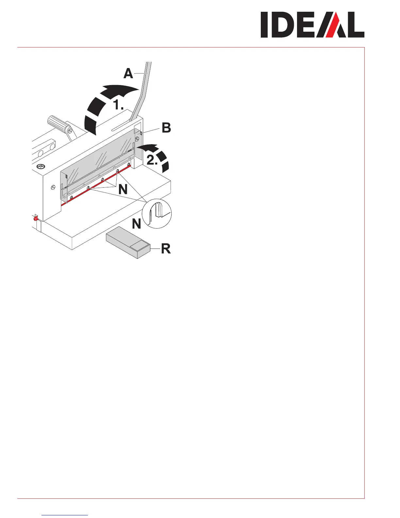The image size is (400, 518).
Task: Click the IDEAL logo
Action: tap(312, 25)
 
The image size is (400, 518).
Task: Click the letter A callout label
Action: tap(128, 74)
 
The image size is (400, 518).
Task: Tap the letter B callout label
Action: tap(166, 128)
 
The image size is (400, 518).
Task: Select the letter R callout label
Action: tap(166, 249)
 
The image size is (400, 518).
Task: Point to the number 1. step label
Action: tap(118, 105)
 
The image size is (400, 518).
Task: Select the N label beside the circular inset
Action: tap(137, 224)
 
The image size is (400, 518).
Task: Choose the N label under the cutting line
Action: tap(123, 190)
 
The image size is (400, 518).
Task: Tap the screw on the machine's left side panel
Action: tap(53, 187)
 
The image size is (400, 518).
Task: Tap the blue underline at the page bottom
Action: tap(65, 515)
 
